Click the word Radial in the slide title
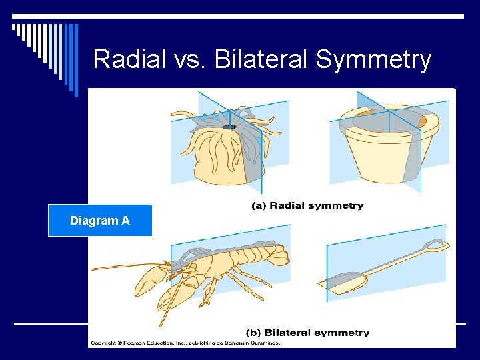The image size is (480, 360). (x=129, y=59)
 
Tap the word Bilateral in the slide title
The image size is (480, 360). (x=265, y=59)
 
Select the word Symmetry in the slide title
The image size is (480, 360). (x=373, y=61)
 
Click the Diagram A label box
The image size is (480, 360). (x=100, y=221)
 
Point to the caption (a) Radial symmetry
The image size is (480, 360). (x=307, y=205)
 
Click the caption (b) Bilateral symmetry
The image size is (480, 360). (x=307, y=332)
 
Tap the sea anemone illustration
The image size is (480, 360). (x=223, y=150)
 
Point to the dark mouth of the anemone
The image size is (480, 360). (x=229, y=126)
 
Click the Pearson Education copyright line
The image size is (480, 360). (x=185, y=343)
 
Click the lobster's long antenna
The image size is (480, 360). (x=127, y=267)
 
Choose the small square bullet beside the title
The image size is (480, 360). (x=14, y=28)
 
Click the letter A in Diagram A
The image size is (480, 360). (x=125, y=221)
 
